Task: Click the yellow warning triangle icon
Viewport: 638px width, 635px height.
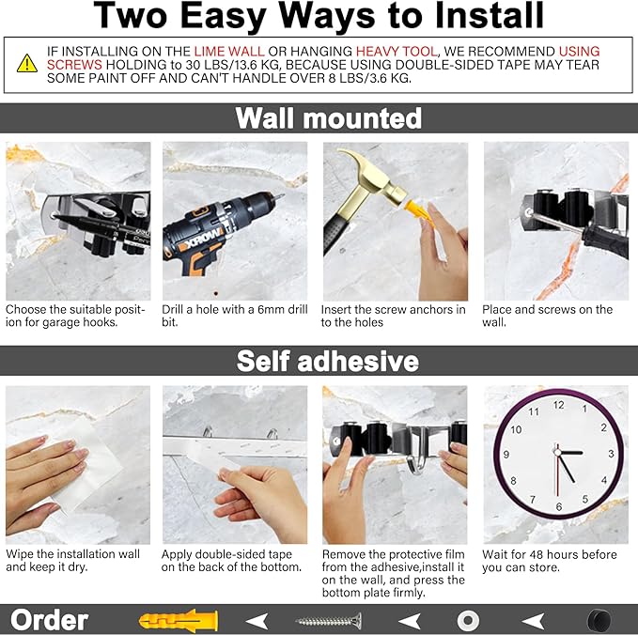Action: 27,63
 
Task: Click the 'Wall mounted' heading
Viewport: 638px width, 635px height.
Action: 328,118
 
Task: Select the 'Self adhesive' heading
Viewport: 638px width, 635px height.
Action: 328,361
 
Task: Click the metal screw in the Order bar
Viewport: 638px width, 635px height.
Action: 328,620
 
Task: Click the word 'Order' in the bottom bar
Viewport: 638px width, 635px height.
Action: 49,620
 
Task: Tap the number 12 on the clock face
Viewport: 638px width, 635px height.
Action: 558,405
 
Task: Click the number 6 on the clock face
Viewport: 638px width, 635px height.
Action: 558,506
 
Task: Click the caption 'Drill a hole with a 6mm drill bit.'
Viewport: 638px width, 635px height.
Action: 233,316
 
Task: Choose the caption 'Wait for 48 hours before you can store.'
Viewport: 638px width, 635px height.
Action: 550,561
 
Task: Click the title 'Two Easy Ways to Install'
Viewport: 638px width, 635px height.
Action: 319,16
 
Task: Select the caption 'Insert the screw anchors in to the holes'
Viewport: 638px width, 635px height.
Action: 393,316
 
